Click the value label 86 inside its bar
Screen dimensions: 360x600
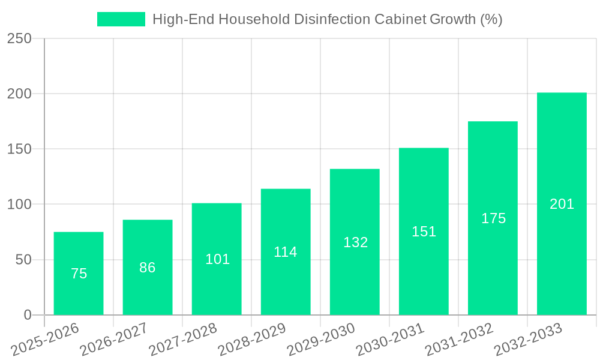148,268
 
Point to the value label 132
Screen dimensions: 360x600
355,242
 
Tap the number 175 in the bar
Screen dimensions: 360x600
493,218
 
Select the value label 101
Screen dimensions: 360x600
217,259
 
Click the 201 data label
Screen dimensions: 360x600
562,204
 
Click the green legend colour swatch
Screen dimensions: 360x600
121,19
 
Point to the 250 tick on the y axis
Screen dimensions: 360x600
19,38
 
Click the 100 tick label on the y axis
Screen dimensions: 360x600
19,205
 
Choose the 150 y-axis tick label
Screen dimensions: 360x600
19,149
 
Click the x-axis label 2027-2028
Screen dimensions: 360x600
183,340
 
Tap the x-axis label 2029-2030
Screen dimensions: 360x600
321,340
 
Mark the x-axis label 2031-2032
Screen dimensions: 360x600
459,340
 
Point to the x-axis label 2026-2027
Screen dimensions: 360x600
114,340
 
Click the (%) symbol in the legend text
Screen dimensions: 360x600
491,19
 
